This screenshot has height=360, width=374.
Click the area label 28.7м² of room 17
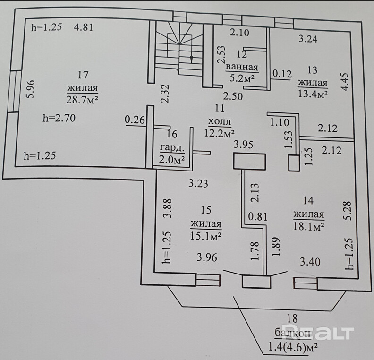[x=83, y=99]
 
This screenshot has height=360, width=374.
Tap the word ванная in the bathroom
[x=242, y=67]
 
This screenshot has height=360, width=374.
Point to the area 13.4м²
[x=313, y=94]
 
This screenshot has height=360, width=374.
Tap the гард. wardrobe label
[x=171, y=147]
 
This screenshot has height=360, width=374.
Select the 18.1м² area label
[x=308, y=227]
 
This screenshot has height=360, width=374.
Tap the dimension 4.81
[x=84, y=27]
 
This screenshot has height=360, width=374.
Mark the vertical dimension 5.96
[x=30, y=88]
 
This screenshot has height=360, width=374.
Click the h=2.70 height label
[x=59, y=119]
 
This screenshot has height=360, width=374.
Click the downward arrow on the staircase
[x=191, y=57]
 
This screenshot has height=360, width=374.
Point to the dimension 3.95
[x=245, y=144]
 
